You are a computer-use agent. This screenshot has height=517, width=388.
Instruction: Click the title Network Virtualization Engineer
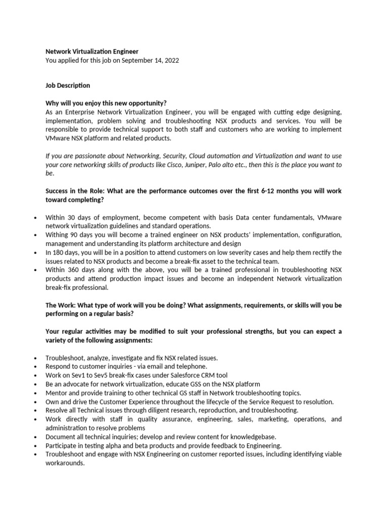[91, 51]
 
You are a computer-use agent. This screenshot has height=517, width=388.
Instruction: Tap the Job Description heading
[68, 85]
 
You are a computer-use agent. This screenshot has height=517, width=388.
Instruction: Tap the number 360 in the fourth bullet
[74, 270]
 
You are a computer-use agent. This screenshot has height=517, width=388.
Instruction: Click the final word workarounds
[65, 463]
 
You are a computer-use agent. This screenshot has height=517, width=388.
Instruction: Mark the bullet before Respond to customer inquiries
[35, 367]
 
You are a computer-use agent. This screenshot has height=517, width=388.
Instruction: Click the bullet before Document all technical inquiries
[35, 437]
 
